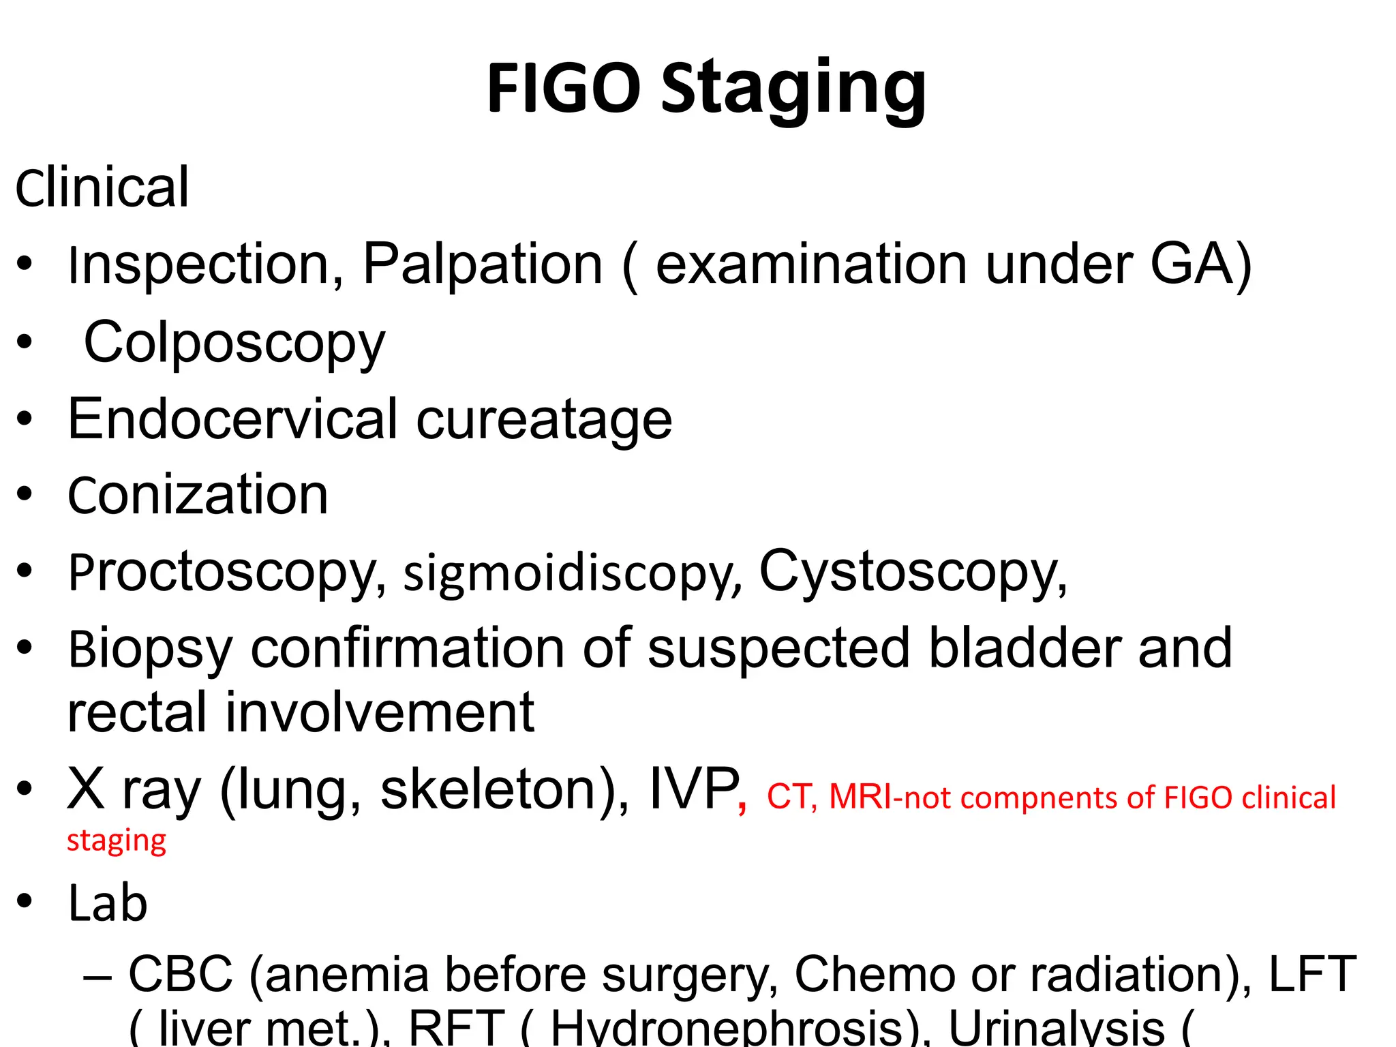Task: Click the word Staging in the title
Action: pyautogui.click(x=794, y=90)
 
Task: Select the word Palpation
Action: pyautogui.click(x=483, y=264)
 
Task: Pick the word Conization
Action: pyautogui.click(x=198, y=495)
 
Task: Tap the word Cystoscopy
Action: pyautogui.click(x=912, y=573)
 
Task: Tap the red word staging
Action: pyautogui.click(x=117, y=841)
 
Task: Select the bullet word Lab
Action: pyautogui.click(x=108, y=903)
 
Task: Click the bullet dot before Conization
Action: pyautogui.click(x=25, y=494)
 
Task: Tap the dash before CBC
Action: pyautogui.click(x=97, y=976)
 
